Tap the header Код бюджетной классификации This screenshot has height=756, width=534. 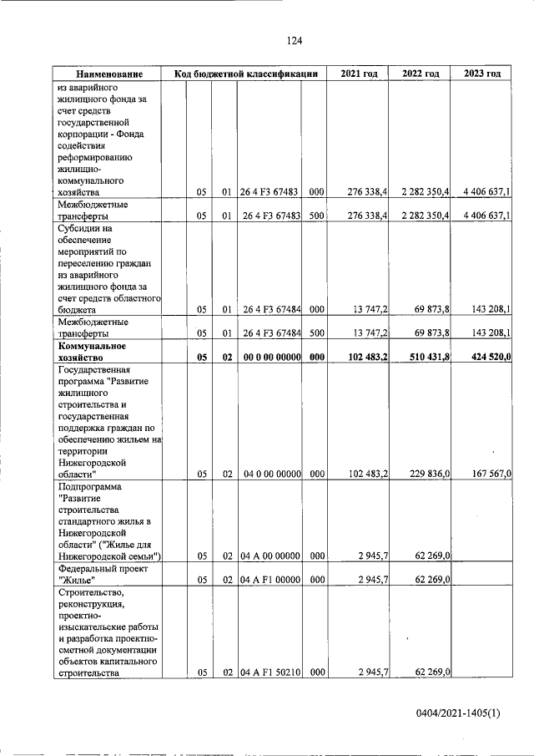pyautogui.click(x=246, y=74)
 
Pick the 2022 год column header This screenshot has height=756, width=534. pyautogui.click(x=421, y=74)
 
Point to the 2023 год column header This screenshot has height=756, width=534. pyautogui.click(x=482, y=74)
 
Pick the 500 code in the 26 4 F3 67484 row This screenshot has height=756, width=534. pyautogui.click(x=316, y=332)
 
